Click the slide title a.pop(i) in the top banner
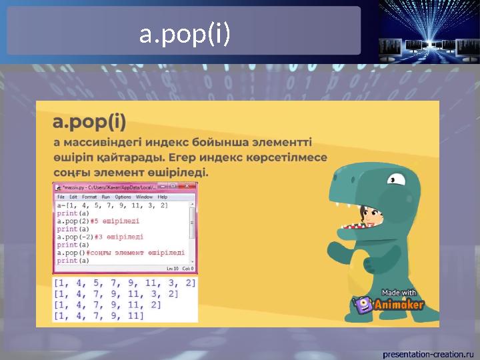pyautogui.click(x=185, y=34)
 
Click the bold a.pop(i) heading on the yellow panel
pyautogui.click(x=89, y=123)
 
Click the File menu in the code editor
pyautogui.click(x=61, y=197)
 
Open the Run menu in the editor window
pyautogui.click(x=105, y=197)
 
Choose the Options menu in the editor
pyautogui.click(x=123, y=197)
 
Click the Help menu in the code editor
pyautogui.click(x=163, y=197)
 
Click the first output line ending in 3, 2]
pyautogui.click(x=125, y=283)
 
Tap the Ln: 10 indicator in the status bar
pyautogui.click(x=171, y=269)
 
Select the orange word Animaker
pyautogui.click(x=398, y=305)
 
